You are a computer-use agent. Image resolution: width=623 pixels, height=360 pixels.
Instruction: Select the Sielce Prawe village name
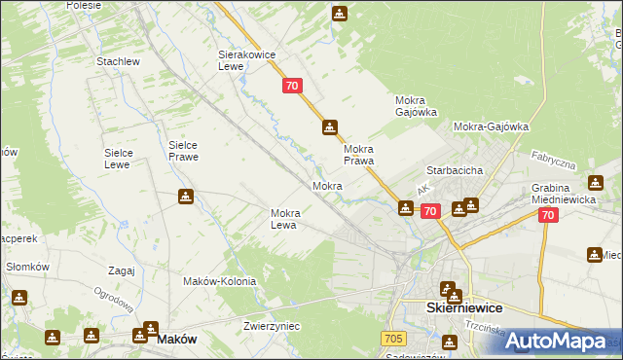point(183,150)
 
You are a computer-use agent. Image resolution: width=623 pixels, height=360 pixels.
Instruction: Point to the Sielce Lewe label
point(125,159)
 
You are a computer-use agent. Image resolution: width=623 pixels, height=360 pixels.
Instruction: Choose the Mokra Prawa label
point(358,155)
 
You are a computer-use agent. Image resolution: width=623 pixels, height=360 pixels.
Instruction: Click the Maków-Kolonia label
point(219,281)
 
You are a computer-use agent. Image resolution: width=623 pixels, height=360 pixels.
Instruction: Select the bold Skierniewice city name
point(464,306)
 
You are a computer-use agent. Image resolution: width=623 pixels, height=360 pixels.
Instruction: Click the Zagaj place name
point(122,270)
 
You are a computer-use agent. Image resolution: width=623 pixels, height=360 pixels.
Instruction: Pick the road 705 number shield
point(392,337)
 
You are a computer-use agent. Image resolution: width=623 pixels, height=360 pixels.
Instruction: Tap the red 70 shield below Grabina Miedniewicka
point(548,216)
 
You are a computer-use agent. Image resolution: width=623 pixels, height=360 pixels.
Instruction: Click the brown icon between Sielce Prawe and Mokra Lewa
point(186,198)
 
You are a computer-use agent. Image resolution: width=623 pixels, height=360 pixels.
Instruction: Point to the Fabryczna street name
point(554,161)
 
